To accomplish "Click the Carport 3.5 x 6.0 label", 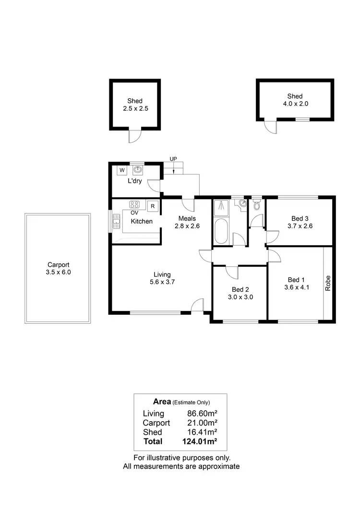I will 58,268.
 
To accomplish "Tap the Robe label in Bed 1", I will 328,283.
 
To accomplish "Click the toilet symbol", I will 256,206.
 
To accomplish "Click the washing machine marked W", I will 121,170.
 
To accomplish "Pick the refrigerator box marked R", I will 153,206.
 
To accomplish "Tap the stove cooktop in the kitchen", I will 134,203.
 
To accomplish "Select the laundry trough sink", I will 138,169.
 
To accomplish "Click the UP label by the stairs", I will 173,158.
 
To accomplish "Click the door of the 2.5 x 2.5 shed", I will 134,136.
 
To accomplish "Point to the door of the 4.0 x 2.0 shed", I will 270,127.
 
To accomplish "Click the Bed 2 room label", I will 240,289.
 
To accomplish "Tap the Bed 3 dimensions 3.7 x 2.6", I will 300,226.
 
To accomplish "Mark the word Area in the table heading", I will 162,402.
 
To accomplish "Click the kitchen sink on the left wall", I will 115,221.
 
